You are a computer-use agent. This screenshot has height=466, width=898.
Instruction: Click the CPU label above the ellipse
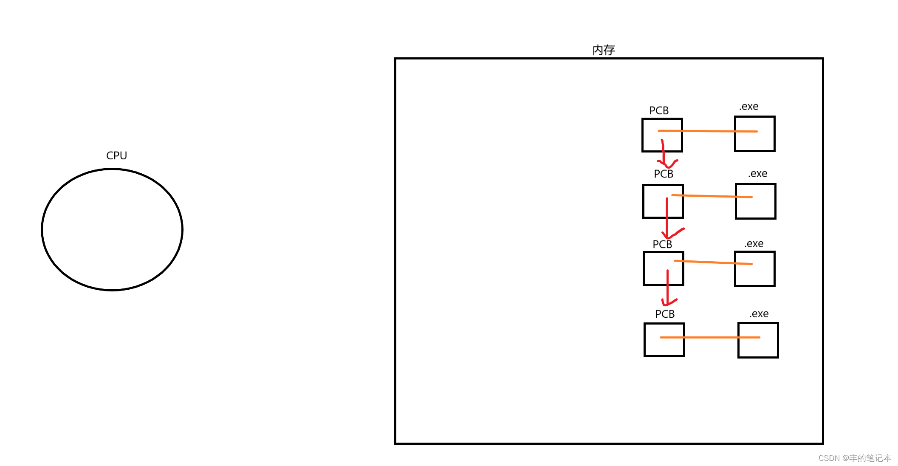(116, 155)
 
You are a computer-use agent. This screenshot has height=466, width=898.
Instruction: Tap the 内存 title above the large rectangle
(603, 50)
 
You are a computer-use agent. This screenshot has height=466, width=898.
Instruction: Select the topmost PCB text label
(659, 110)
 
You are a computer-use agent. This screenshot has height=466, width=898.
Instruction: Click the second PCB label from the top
(664, 174)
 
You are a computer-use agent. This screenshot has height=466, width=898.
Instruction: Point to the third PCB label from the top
(662, 244)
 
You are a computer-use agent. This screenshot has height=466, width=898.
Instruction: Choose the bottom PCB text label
(665, 314)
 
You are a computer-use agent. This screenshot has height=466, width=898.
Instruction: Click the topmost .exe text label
(748, 107)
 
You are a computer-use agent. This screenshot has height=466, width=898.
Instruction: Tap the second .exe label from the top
(757, 174)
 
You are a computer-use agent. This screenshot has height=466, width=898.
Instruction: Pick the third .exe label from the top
(754, 244)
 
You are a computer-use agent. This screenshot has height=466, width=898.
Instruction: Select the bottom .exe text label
(759, 314)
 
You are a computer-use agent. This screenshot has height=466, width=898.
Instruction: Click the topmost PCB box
(650, 142)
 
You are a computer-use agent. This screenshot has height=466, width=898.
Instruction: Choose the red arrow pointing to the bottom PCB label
(668, 289)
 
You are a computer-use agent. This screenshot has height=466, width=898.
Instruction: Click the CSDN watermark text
(854, 458)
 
